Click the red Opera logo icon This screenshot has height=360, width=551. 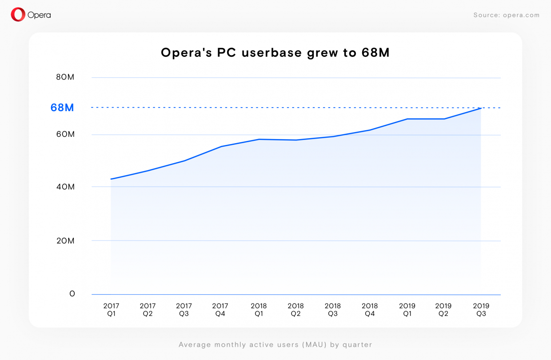[18, 15]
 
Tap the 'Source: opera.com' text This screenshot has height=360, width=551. [506, 15]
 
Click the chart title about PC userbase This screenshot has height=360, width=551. [275, 53]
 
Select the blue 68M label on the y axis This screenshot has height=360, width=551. [62, 108]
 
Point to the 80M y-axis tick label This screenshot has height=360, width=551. [65, 77]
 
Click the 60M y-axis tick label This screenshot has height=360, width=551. [65, 134]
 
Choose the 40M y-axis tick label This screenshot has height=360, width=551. [65, 187]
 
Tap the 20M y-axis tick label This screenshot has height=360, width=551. [65, 241]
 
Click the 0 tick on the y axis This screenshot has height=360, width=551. [72, 294]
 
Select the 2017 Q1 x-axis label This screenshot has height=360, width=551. [111, 310]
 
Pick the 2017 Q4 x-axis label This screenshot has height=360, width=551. [220, 310]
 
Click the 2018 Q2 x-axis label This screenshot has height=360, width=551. [295, 310]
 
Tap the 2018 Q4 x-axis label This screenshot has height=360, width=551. [370, 310]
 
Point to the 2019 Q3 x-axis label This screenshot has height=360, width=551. [481, 310]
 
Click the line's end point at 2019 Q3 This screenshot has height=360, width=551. [481, 108]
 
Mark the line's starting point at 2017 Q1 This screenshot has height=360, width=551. [111, 179]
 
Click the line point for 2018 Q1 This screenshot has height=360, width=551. [259, 139]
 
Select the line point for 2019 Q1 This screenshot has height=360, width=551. [407, 119]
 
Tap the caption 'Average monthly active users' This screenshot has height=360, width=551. [275, 344]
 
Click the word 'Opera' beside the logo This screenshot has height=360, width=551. [39, 15]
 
